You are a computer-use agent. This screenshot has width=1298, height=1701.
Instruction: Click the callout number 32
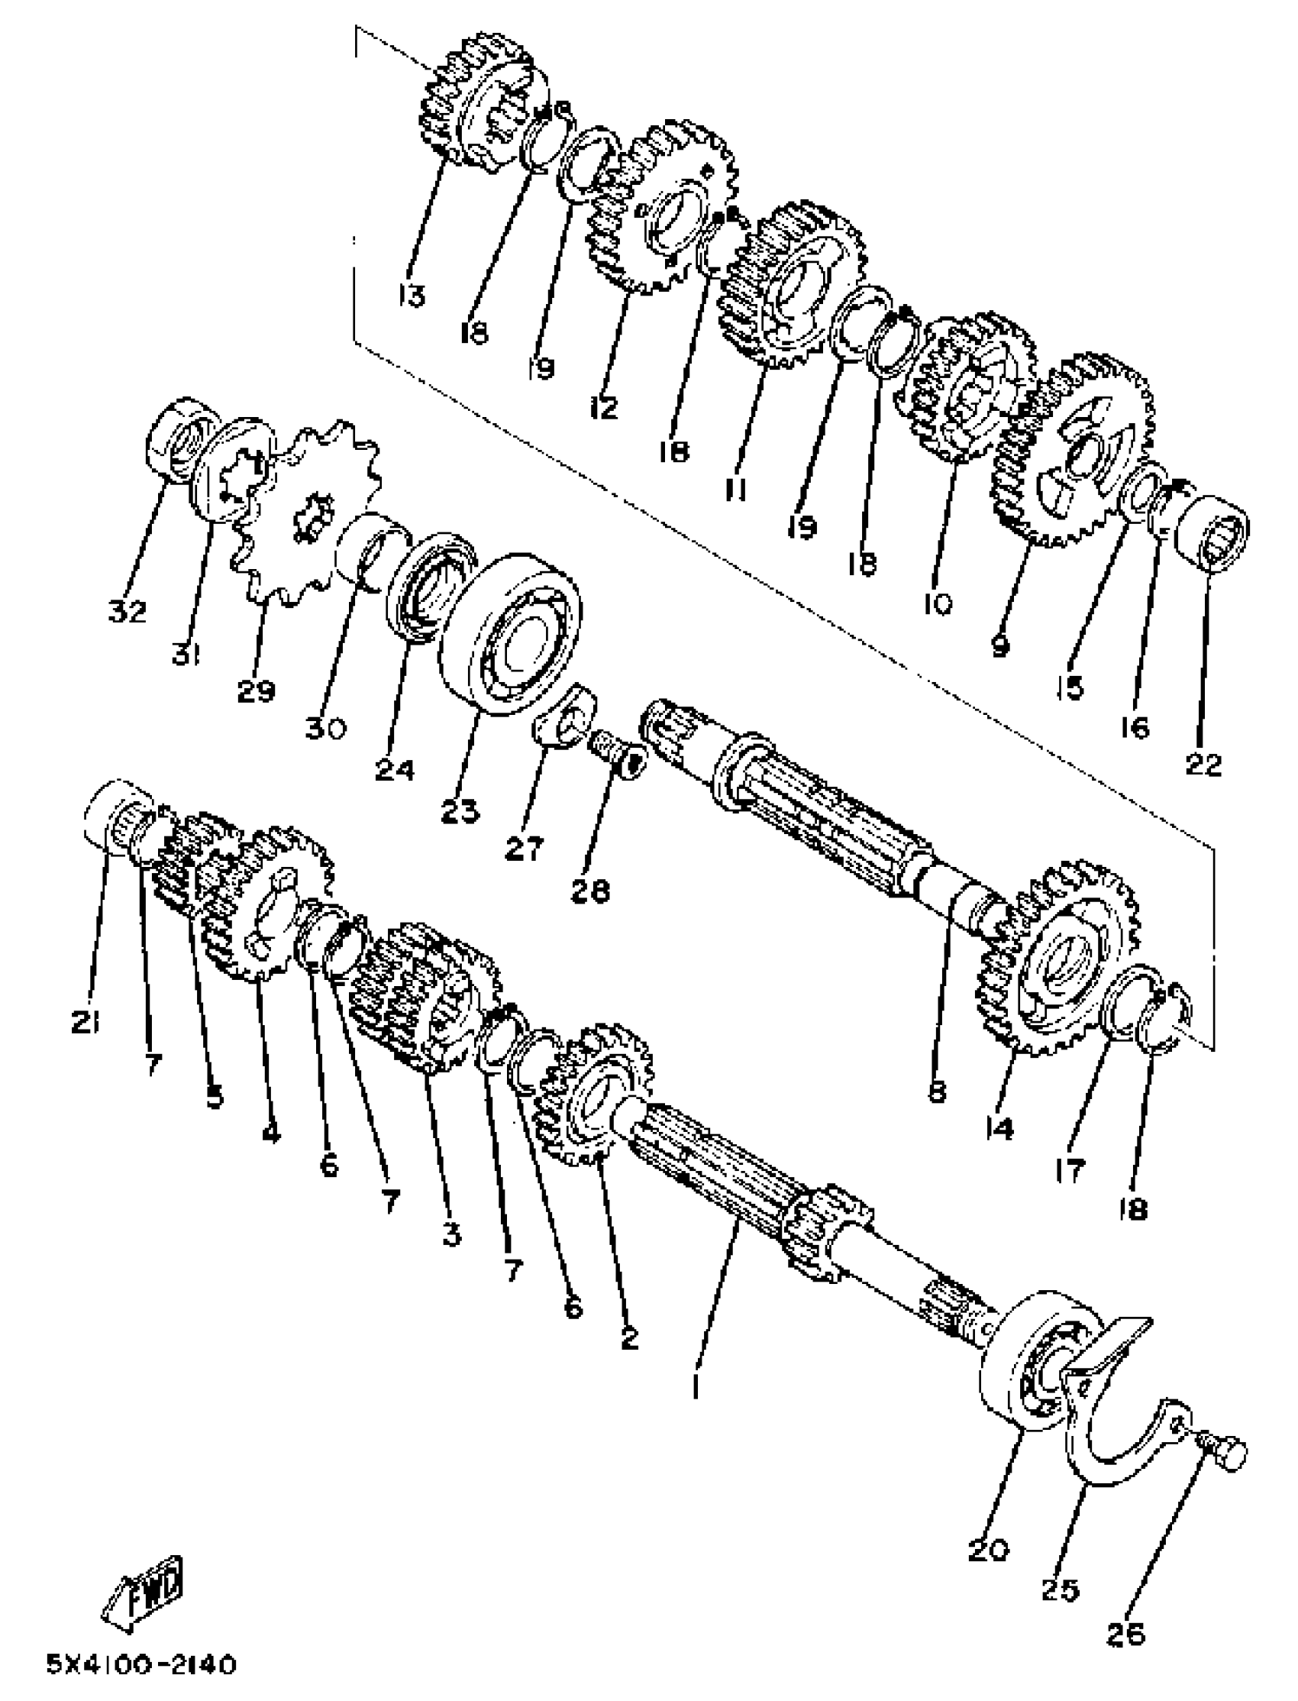pyautogui.click(x=128, y=613)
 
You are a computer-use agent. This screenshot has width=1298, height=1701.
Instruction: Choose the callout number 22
pyautogui.click(x=1203, y=765)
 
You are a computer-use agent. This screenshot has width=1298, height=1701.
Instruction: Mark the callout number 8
pyautogui.click(x=937, y=1092)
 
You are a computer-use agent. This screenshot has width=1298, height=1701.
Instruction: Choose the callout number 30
pyautogui.click(x=324, y=727)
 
